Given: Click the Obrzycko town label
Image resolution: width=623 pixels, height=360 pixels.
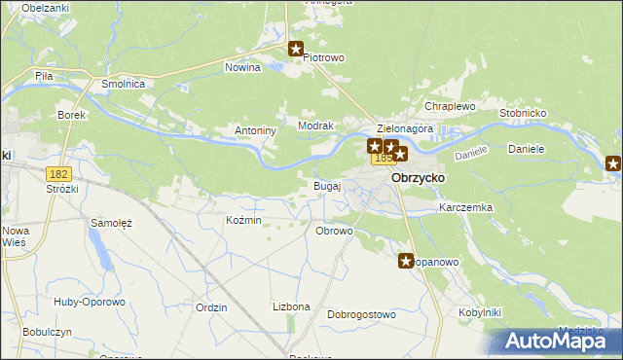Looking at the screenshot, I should [418, 179].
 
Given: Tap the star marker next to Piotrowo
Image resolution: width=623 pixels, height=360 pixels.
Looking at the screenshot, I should [296, 48].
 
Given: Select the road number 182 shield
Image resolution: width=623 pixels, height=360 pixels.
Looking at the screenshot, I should [58, 172].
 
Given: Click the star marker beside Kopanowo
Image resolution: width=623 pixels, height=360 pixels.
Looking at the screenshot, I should [407, 261].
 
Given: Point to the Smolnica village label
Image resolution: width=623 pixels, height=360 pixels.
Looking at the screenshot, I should [124, 85].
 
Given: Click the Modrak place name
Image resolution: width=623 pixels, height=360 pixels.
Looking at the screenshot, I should [316, 126].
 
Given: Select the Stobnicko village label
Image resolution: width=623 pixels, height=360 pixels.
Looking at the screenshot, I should [524, 113].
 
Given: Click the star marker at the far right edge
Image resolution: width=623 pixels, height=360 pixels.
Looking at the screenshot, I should [613, 163].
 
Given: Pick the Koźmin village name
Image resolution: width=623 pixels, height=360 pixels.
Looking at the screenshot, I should [243, 221].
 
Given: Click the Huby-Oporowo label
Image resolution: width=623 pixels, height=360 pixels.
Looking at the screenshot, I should [90, 302].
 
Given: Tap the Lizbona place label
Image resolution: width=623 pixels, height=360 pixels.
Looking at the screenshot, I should [291, 306].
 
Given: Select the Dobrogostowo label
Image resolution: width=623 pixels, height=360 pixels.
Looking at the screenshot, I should [361, 315].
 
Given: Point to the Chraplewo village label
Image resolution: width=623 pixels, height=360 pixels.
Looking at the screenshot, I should [449, 106].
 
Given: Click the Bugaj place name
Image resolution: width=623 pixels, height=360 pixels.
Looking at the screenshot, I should [326, 185].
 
